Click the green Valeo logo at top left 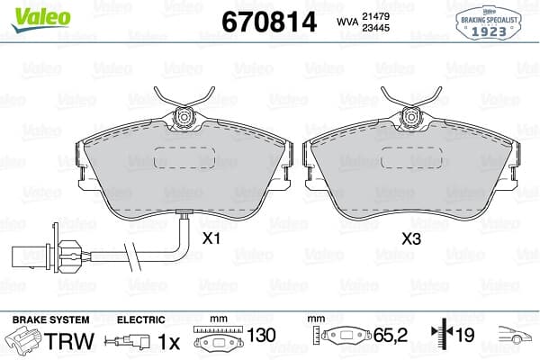(x=40, y=19)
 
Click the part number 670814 (x=269, y=22)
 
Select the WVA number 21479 (x=375, y=16)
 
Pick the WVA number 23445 (x=375, y=28)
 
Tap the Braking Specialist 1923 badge (x=489, y=23)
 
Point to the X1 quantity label (x=211, y=238)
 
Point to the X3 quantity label (x=411, y=238)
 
